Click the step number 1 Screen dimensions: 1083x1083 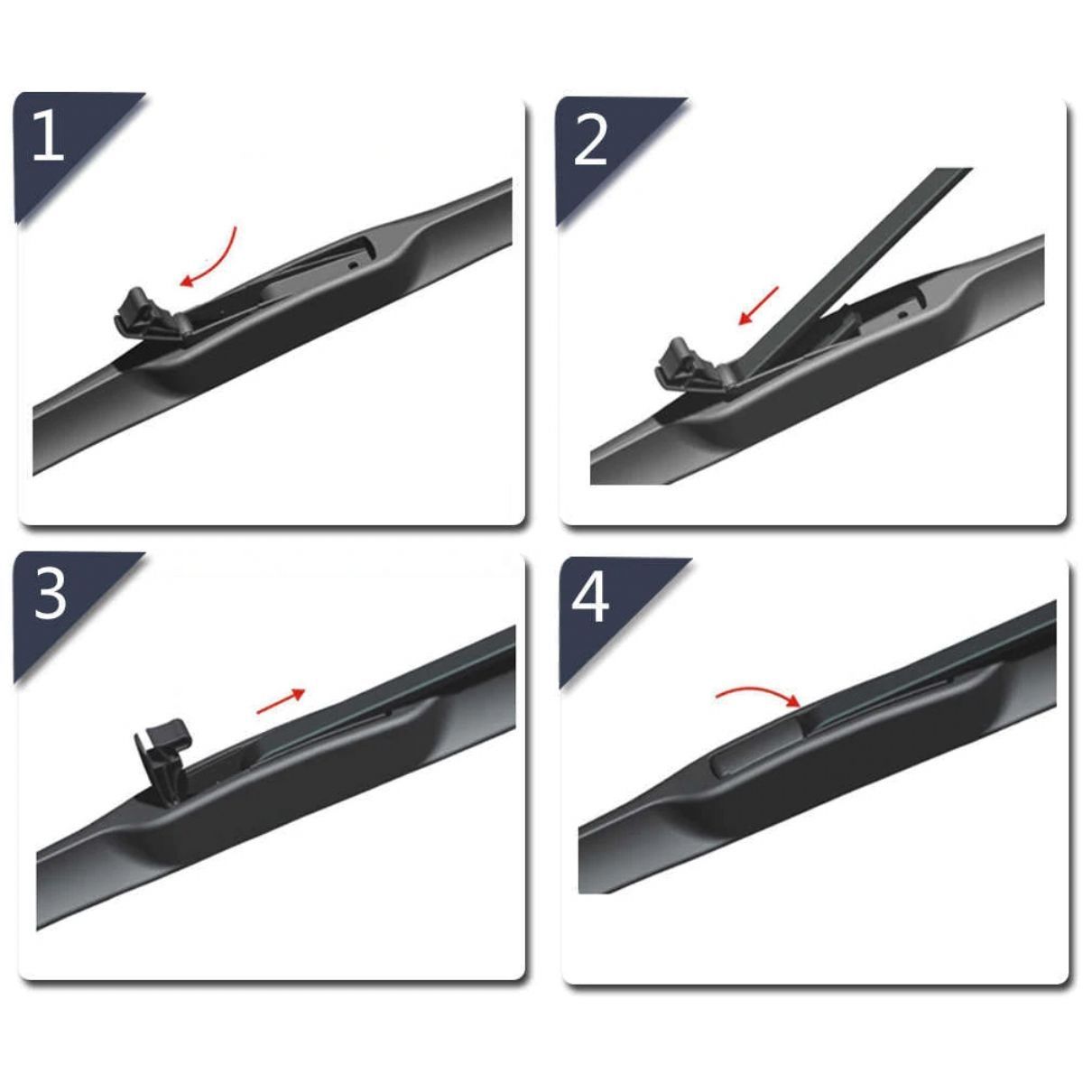pyautogui.click(x=49, y=135)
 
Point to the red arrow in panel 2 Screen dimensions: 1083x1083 pyautogui.click(x=758, y=305)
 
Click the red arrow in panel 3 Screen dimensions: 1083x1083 pyautogui.click(x=280, y=700)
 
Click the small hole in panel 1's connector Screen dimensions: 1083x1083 pyautogui.click(x=352, y=264)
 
